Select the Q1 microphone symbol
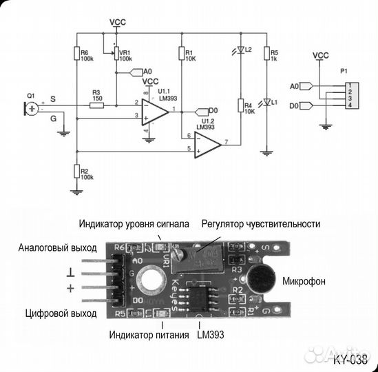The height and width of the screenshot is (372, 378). (32, 108)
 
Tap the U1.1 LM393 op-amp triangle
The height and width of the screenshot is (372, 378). (155, 111)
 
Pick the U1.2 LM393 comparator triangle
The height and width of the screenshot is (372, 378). (206, 143)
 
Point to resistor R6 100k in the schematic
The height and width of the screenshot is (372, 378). (75, 54)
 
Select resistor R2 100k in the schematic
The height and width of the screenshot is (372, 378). (75, 172)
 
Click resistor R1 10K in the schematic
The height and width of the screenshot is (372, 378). (181, 54)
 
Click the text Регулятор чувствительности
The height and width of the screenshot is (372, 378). (260, 224)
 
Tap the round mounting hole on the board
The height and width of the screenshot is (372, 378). (149, 281)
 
